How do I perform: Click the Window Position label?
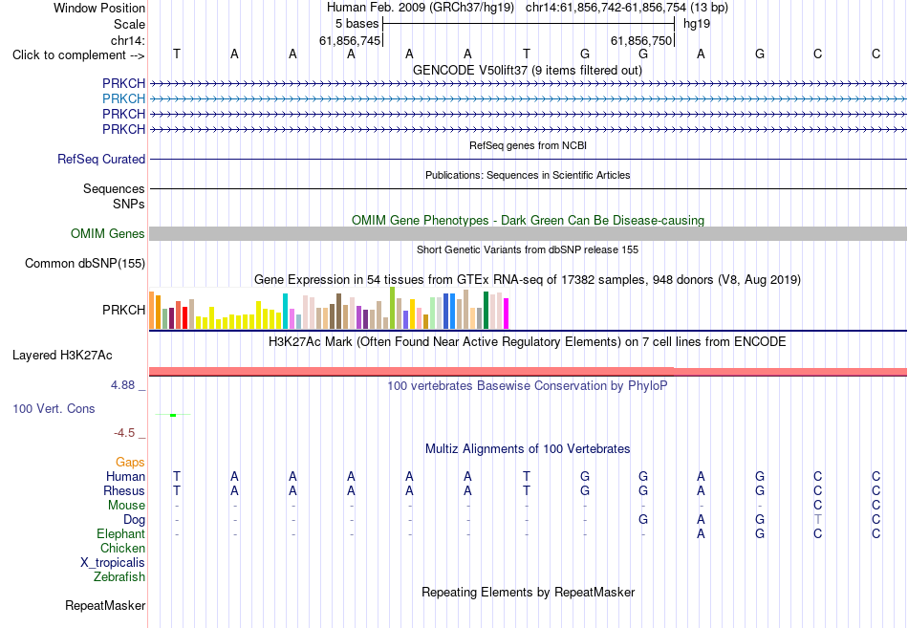(99, 8)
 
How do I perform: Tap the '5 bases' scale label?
(357, 24)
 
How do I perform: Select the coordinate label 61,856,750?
(641, 40)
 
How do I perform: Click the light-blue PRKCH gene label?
(124, 98)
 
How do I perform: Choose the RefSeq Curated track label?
(101, 159)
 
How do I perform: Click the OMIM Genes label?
(108, 233)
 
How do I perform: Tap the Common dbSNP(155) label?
(85, 263)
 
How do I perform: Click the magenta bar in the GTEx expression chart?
(507, 314)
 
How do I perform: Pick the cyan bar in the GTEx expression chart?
(285, 311)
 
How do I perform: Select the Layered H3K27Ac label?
(62, 356)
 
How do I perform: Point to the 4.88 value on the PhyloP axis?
(122, 385)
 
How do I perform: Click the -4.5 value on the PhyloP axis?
(124, 433)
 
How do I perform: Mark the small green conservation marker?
(173, 415)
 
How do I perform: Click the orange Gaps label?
(130, 462)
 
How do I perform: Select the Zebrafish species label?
(119, 576)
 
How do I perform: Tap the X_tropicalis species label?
(113, 562)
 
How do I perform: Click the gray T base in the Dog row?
(817, 519)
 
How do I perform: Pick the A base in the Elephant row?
(701, 533)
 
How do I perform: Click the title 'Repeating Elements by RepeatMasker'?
(529, 592)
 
